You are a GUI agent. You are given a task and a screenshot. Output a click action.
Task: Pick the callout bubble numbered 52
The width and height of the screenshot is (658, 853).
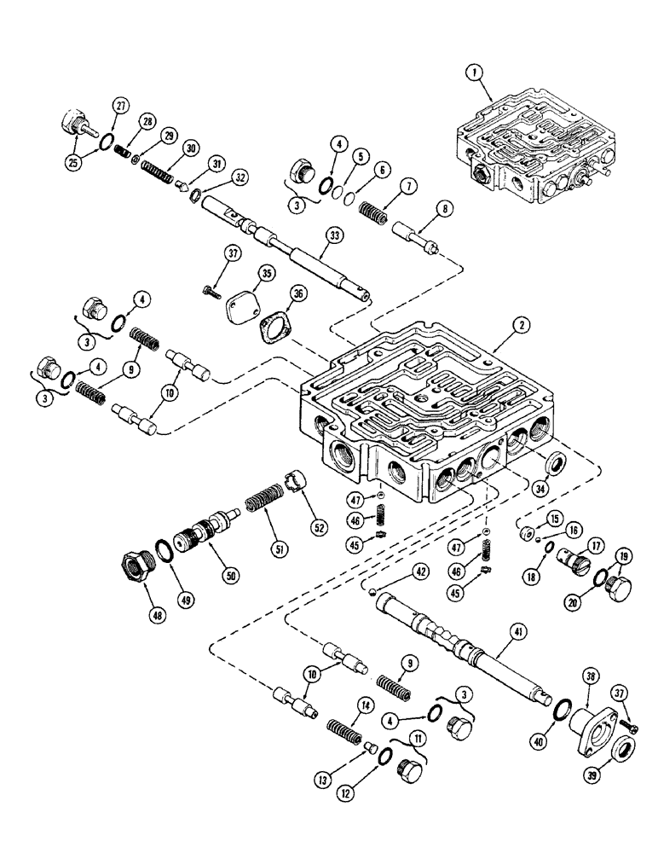(x=319, y=527)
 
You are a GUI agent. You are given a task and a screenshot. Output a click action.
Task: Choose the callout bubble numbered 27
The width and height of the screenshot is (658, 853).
(x=118, y=105)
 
